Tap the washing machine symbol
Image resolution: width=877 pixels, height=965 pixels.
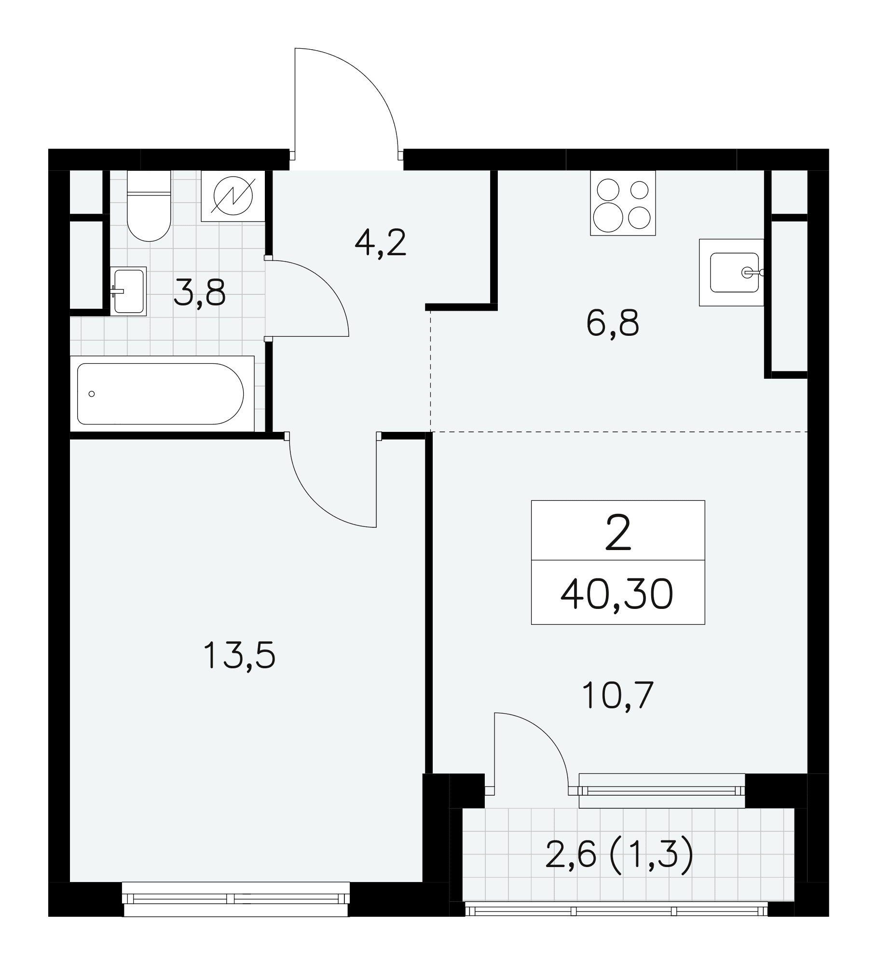[233, 196]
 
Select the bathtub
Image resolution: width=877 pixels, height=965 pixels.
[162, 394]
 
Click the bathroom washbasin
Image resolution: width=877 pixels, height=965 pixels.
[128, 291]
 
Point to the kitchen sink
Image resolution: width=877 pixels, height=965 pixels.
[732, 272]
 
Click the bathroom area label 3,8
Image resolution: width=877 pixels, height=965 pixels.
[200, 293]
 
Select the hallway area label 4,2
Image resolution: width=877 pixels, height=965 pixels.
[381, 243]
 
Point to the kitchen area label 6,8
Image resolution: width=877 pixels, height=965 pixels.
[613, 323]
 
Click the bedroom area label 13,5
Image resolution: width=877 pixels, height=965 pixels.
[239, 655]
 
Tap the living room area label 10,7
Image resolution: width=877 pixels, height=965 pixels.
[617, 695]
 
